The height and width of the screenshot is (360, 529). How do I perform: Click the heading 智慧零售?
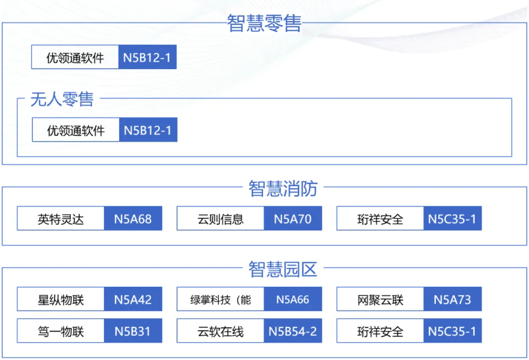click(x=264, y=23)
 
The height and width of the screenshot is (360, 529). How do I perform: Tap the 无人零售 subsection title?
click(x=62, y=99)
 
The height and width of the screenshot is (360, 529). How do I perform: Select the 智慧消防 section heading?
click(x=283, y=188)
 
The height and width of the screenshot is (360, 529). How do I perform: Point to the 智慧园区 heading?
click(x=283, y=269)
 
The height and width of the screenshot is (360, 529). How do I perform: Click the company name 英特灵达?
click(x=61, y=219)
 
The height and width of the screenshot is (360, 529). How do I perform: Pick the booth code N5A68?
click(x=133, y=219)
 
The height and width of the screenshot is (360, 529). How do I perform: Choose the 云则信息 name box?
click(x=221, y=219)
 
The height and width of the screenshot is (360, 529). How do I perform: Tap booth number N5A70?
click(x=293, y=219)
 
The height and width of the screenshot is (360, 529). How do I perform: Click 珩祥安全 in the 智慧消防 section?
click(x=380, y=219)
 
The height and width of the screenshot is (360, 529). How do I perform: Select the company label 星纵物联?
click(x=61, y=300)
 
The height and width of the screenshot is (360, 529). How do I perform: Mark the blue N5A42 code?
click(x=133, y=299)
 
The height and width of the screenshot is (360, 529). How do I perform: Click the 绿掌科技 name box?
click(x=221, y=299)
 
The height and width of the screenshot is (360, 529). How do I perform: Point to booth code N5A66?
click(x=293, y=299)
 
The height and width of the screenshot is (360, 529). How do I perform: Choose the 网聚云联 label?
click(x=380, y=300)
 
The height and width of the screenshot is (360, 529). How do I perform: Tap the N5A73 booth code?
click(x=452, y=299)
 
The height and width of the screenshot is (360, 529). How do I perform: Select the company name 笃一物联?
click(x=61, y=331)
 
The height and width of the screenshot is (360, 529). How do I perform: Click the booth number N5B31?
click(x=133, y=331)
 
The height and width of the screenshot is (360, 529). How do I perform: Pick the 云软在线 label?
click(x=221, y=331)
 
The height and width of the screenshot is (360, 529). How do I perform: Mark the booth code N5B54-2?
click(x=293, y=331)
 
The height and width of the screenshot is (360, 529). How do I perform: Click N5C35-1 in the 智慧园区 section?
click(x=452, y=331)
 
